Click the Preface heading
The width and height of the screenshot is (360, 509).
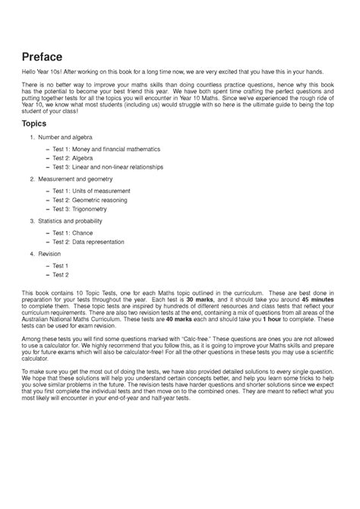(42, 57)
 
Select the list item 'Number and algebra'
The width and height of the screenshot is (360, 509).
(73, 138)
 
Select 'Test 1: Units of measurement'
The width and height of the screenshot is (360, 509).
(91, 191)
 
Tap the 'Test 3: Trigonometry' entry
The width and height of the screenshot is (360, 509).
(81, 208)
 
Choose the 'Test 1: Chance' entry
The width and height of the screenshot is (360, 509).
(73, 232)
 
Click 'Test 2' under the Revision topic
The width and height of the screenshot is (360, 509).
(61, 274)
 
